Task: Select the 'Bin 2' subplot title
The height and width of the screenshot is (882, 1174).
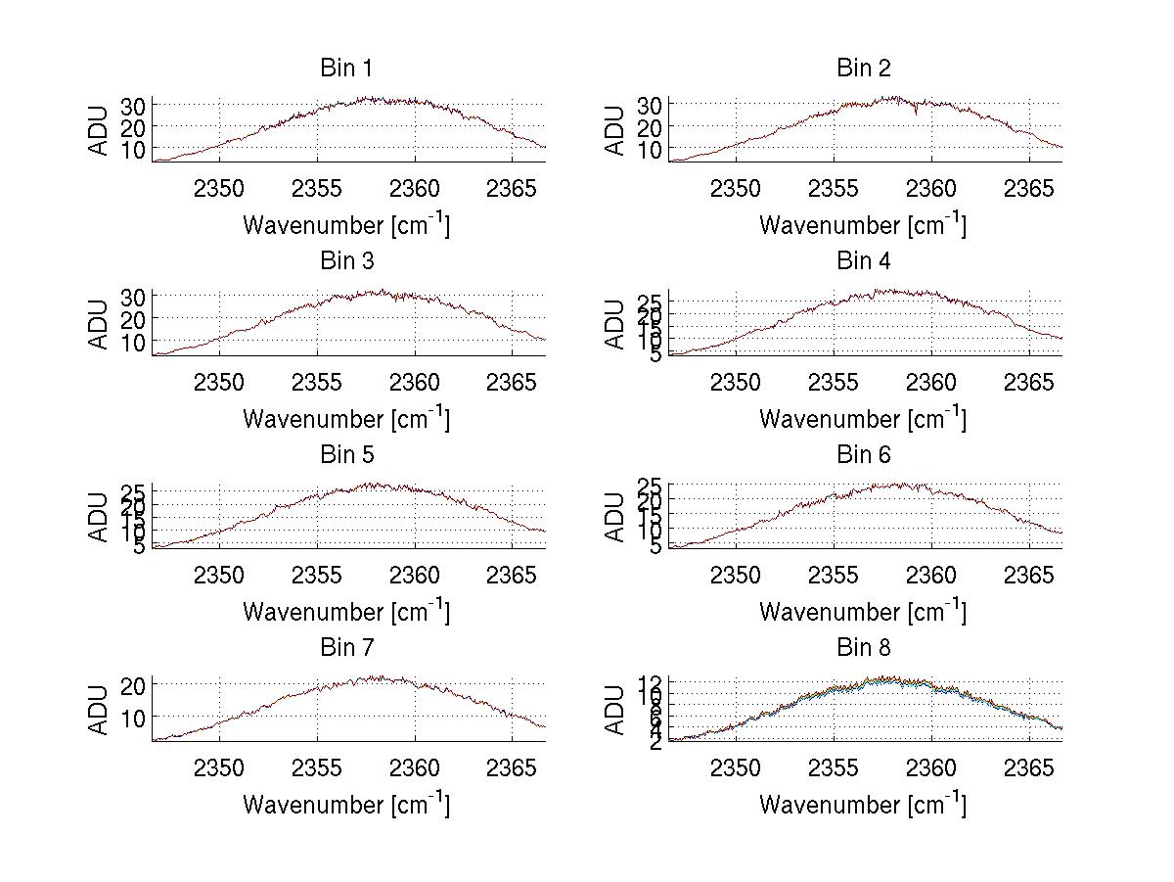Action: pyautogui.click(x=863, y=68)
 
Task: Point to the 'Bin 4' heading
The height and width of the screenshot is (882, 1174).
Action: pyautogui.click(x=863, y=261)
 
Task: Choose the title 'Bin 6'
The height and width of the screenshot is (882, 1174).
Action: pyautogui.click(x=863, y=454)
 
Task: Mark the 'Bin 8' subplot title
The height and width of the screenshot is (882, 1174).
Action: pyautogui.click(x=863, y=647)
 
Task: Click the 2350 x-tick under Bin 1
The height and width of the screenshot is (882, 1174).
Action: pyautogui.click(x=219, y=187)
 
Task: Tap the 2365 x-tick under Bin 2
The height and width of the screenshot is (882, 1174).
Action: pyautogui.click(x=1029, y=187)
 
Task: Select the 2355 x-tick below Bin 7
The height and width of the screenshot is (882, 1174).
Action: pyautogui.click(x=317, y=766)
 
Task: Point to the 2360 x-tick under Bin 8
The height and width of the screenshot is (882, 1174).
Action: pyautogui.click(x=931, y=766)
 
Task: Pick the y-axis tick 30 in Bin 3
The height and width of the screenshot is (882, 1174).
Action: pyautogui.click(x=134, y=296)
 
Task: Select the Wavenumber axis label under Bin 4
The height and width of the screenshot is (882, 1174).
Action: pyautogui.click(x=863, y=418)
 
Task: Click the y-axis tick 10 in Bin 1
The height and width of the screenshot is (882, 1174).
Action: pyautogui.click(x=134, y=149)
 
